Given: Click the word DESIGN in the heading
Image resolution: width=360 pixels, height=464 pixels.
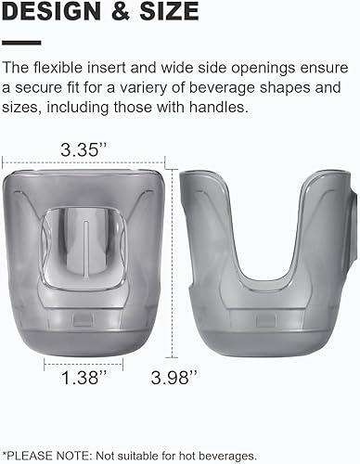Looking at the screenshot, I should (x=51, y=12).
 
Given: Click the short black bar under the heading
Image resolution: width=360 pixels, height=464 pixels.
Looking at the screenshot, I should (x=21, y=42).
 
